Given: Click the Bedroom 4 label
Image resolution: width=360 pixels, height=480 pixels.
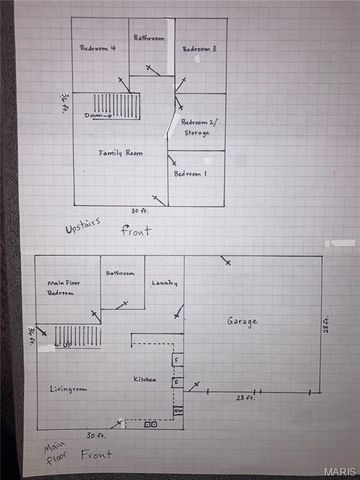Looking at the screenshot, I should click(98, 48).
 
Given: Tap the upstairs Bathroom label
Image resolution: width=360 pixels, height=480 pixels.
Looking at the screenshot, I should click(150, 37).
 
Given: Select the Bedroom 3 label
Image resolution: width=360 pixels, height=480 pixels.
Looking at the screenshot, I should click(200, 48).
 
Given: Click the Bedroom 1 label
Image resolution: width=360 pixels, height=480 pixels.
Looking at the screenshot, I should click(190, 173).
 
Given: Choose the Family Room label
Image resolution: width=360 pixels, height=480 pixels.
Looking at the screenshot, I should click(117, 152).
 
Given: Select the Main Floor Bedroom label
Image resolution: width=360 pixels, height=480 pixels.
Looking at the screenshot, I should click(63, 289).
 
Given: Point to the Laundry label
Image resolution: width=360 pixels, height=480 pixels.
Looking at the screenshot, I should click(164, 283).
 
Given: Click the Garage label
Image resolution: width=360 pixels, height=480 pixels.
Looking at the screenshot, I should click(241, 321).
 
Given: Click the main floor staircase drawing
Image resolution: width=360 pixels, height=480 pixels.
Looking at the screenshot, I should click(77, 336).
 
